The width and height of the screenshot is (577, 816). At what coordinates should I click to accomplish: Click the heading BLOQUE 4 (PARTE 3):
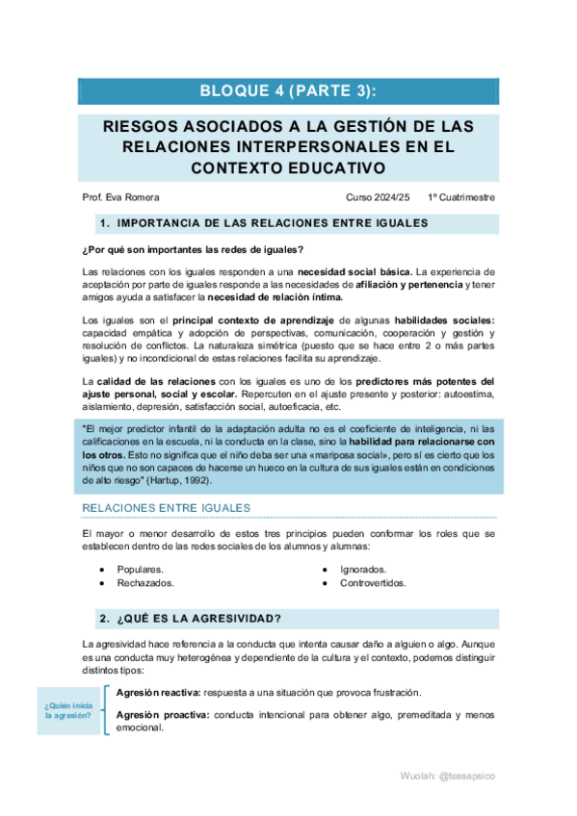pyautogui.click(x=288, y=91)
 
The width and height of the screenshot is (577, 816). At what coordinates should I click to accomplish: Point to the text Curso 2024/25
pyautogui.click(x=378, y=197)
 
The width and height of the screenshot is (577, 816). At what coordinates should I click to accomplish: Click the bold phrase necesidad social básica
pyautogui.click(x=355, y=272)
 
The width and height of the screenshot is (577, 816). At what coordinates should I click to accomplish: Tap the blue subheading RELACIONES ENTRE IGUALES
pyautogui.click(x=167, y=507)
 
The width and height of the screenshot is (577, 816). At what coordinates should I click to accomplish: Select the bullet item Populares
pyautogui.click(x=140, y=570)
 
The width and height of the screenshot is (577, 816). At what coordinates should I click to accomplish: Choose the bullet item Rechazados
pyautogui.click(x=145, y=583)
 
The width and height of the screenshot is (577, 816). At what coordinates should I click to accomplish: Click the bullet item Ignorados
pyautogui.click(x=363, y=570)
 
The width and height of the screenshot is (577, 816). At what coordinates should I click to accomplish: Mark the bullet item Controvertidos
pyautogui.click(x=373, y=583)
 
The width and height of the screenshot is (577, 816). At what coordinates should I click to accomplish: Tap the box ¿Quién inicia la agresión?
pyautogui.click(x=67, y=712)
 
